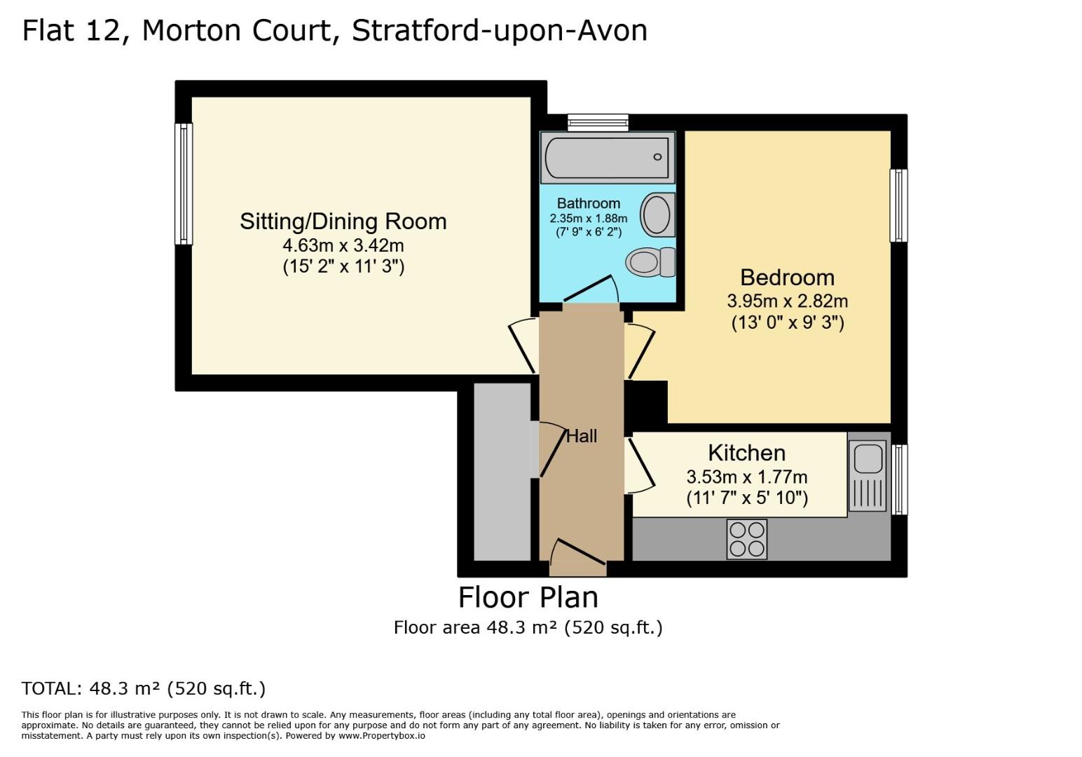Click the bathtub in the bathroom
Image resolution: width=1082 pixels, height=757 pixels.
click(x=607, y=158)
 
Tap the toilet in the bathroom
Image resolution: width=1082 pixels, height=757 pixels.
click(x=650, y=262)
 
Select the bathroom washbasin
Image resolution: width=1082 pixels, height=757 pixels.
click(x=657, y=214)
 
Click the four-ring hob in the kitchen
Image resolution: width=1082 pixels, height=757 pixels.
click(x=747, y=540)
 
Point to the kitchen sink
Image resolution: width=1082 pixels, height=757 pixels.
click(x=868, y=476)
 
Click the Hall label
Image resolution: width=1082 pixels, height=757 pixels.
click(x=582, y=436)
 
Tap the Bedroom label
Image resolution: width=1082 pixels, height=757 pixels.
click(x=788, y=278)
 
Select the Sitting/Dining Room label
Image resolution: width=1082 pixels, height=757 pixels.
click(x=343, y=221)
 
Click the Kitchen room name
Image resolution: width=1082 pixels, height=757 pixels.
click(x=747, y=453)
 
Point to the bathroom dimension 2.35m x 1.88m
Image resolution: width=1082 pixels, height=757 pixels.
click(x=589, y=219)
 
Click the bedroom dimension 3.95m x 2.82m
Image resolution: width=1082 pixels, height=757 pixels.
click(x=788, y=301)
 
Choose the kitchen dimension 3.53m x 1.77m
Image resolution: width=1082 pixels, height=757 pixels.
click(x=747, y=477)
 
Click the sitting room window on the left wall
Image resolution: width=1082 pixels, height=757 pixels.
click(x=184, y=184)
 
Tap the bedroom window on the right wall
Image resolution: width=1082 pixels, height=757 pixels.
click(x=898, y=205)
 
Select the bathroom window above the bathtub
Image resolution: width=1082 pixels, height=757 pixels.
click(x=598, y=122)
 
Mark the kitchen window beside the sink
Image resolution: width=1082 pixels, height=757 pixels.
click(x=899, y=479)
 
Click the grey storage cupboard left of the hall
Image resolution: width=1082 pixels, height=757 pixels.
click(x=502, y=472)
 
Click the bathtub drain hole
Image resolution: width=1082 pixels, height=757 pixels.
click(x=657, y=157)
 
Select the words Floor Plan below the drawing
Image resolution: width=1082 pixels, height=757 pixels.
click(x=528, y=598)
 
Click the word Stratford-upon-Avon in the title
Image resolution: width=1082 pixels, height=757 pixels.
click(x=500, y=30)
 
